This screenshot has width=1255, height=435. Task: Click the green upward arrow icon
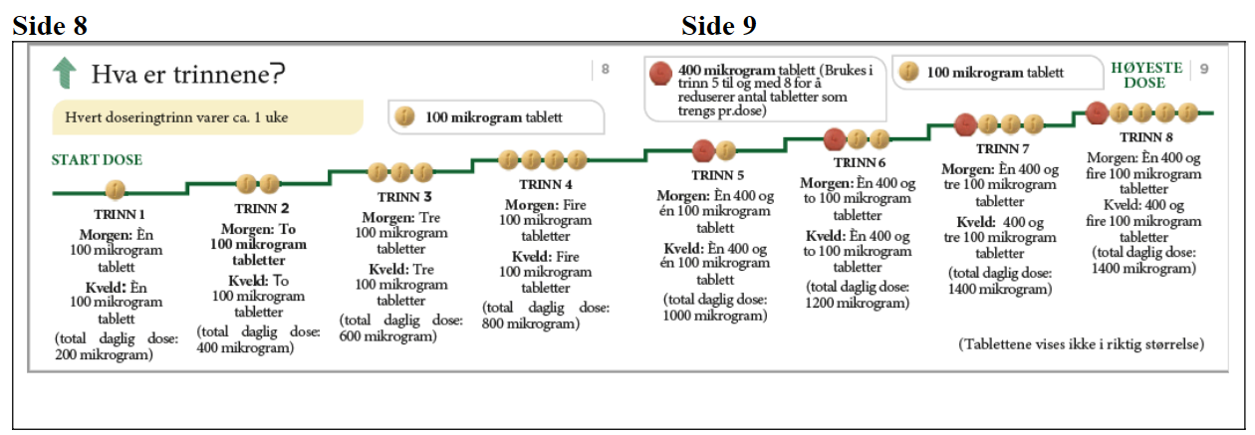click(x=66, y=72)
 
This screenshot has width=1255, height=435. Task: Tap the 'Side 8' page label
click(x=50, y=25)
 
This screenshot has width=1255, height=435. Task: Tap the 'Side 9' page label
click(x=719, y=25)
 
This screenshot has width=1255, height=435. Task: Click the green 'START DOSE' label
click(x=97, y=159)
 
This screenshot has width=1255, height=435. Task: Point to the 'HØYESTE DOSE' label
click(x=1147, y=75)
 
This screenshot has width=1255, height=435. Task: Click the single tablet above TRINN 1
click(x=115, y=189)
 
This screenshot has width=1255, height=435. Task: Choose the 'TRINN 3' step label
click(x=404, y=197)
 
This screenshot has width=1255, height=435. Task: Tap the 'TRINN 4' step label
click(x=546, y=184)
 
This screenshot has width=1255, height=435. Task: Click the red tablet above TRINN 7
click(x=965, y=124)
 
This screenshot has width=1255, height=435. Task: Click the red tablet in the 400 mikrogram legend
click(x=658, y=73)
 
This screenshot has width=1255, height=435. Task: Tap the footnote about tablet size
click(x=1082, y=344)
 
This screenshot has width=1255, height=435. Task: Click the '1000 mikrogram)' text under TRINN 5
click(x=716, y=317)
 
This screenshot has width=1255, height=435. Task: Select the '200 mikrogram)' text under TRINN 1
click(x=104, y=354)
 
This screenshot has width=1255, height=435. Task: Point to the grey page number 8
click(x=606, y=70)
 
